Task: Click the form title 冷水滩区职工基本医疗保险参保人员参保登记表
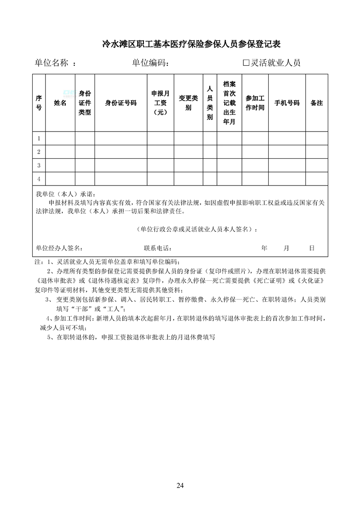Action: pos(191,44)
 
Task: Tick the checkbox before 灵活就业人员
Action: pos(247,63)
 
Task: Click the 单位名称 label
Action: pos(51,63)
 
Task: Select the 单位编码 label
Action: pos(150,63)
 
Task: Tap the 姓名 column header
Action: pos(60,103)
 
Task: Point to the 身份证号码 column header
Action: pos(120,103)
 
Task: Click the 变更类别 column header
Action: pos(188,103)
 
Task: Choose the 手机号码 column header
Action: pos(287,103)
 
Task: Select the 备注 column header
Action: pos(316,103)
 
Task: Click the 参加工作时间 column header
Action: pos(255,103)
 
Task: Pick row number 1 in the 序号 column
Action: pos(39,138)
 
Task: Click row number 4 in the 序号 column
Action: pos(39,179)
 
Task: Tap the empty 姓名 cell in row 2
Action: pos(60,152)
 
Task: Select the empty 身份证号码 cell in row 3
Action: pos(120,165)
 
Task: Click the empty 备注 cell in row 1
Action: pos(316,138)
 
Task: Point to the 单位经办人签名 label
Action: pos(59,248)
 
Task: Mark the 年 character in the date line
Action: pos(264,248)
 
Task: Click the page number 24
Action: pos(180,485)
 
